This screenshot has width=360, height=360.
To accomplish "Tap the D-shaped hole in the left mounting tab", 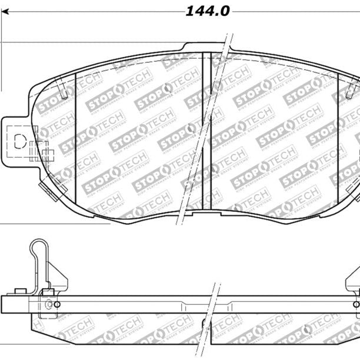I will (19, 142).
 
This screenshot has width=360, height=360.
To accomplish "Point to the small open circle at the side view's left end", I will (56, 304).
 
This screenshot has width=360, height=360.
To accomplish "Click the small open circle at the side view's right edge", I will (355, 304).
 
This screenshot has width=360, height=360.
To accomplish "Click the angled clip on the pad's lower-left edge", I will (43, 188).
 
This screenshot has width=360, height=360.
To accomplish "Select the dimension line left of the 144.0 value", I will (88, 11).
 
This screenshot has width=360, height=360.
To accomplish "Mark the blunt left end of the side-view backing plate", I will (5, 304).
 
